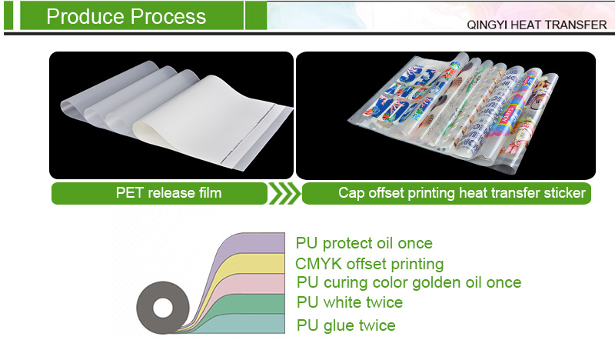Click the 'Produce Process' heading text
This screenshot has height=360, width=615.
tap(126, 16)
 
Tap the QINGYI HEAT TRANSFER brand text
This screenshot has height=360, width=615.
tap(537, 25)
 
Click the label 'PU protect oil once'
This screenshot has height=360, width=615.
tap(364, 244)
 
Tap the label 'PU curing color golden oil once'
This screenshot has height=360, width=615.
tap(408, 283)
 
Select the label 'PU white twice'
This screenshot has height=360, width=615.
tap(350, 302)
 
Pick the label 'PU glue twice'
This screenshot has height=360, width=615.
tap(346, 325)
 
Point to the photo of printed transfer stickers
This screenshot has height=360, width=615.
tap(446, 115)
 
